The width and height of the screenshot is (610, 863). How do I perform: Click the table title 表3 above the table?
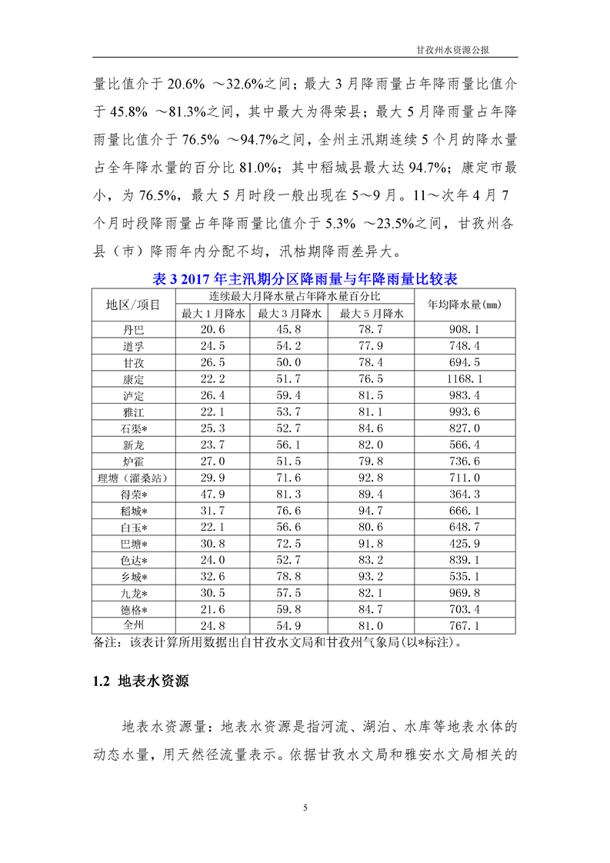pyautogui.click(x=305, y=277)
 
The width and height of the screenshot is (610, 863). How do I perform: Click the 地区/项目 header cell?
pyautogui.click(x=133, y=305)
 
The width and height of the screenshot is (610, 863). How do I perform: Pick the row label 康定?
pyautogui.click(x=133, y=379)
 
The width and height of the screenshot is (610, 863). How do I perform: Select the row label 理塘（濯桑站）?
pyautogui.click(x=133, y=478)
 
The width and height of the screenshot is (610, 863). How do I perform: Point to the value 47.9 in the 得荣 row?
pyautogui.click(x=213, y=495)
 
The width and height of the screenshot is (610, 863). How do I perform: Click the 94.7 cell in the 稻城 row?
pyautogui.click(x=372, y=511)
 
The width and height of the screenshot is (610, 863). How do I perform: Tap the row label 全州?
pyautogui.click(x=133, y=626)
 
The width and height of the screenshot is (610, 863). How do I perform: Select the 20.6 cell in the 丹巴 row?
pyautogui.click(x=213, y=330)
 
